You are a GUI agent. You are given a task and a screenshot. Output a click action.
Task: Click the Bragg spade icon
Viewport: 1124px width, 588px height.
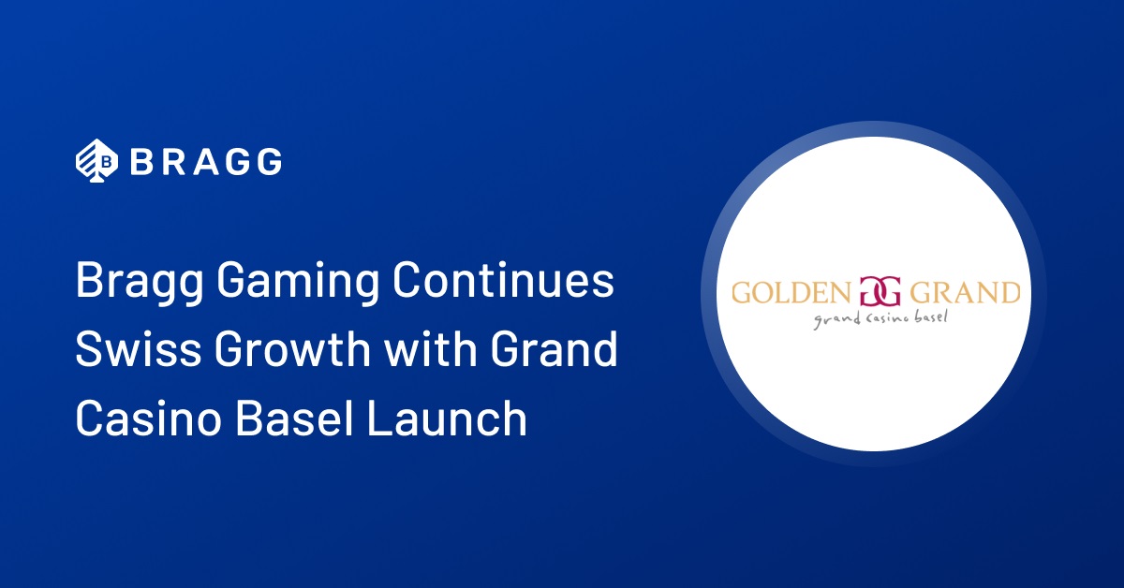96,160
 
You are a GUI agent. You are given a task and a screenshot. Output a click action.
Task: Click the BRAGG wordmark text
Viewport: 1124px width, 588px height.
206,162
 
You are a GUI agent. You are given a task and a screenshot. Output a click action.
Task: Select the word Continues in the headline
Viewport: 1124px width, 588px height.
503,279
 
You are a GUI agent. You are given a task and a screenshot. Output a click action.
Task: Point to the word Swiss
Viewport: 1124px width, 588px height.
139,348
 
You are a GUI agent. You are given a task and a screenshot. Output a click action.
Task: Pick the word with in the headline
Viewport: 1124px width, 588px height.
431,348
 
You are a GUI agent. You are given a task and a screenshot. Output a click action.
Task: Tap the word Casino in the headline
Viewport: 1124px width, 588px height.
149,418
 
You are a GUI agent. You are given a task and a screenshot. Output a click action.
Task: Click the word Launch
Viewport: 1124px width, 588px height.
447,418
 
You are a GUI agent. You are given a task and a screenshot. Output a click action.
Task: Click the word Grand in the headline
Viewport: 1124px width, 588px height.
554,348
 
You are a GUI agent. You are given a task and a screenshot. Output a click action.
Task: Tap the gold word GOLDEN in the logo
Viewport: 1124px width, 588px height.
791,292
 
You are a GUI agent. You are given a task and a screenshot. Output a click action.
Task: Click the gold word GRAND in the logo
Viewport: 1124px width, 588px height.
965,292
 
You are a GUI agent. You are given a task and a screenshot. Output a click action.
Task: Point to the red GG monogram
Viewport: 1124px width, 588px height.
880,291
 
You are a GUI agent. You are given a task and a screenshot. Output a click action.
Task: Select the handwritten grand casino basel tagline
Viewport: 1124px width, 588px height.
880,319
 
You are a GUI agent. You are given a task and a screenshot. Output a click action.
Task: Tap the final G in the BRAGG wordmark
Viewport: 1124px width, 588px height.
270,162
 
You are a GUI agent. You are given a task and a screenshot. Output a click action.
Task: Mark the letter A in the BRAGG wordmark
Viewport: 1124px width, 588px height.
205,162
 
